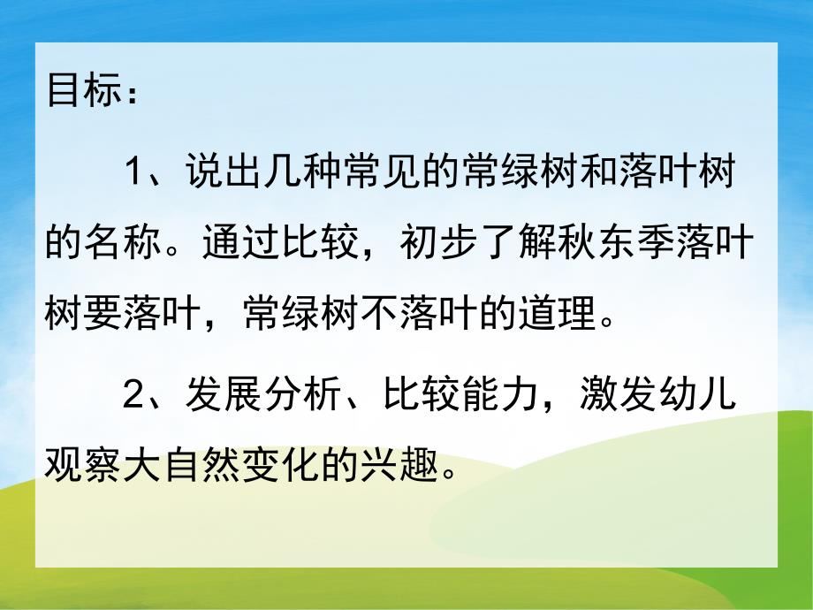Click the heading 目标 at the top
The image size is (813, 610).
click(80, 91)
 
